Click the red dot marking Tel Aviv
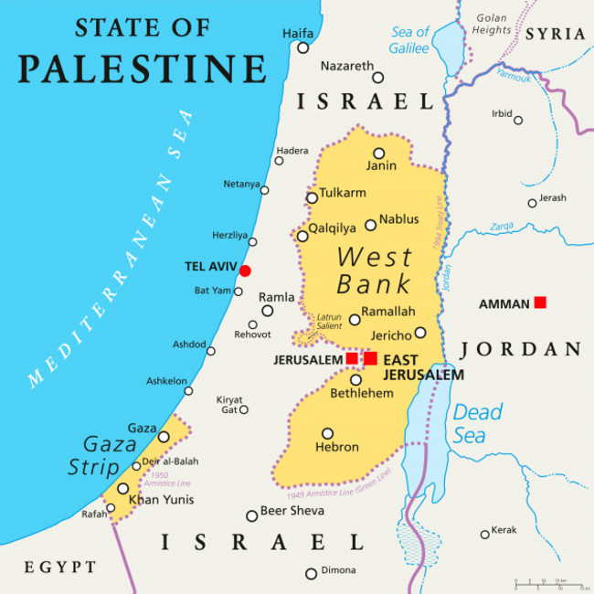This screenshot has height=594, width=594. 245,270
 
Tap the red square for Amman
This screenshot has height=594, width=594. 540,302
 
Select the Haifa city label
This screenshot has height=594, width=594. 297,33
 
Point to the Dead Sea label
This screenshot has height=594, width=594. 477,423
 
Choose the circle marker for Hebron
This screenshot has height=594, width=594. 327,434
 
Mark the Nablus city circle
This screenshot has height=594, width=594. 370,225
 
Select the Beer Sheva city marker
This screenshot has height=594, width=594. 251,515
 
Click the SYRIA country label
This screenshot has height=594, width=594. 555,34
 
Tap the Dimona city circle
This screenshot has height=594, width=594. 311,574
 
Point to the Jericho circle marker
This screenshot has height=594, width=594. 419,333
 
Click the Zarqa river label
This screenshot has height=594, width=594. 500,225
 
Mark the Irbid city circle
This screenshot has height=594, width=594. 518,120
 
